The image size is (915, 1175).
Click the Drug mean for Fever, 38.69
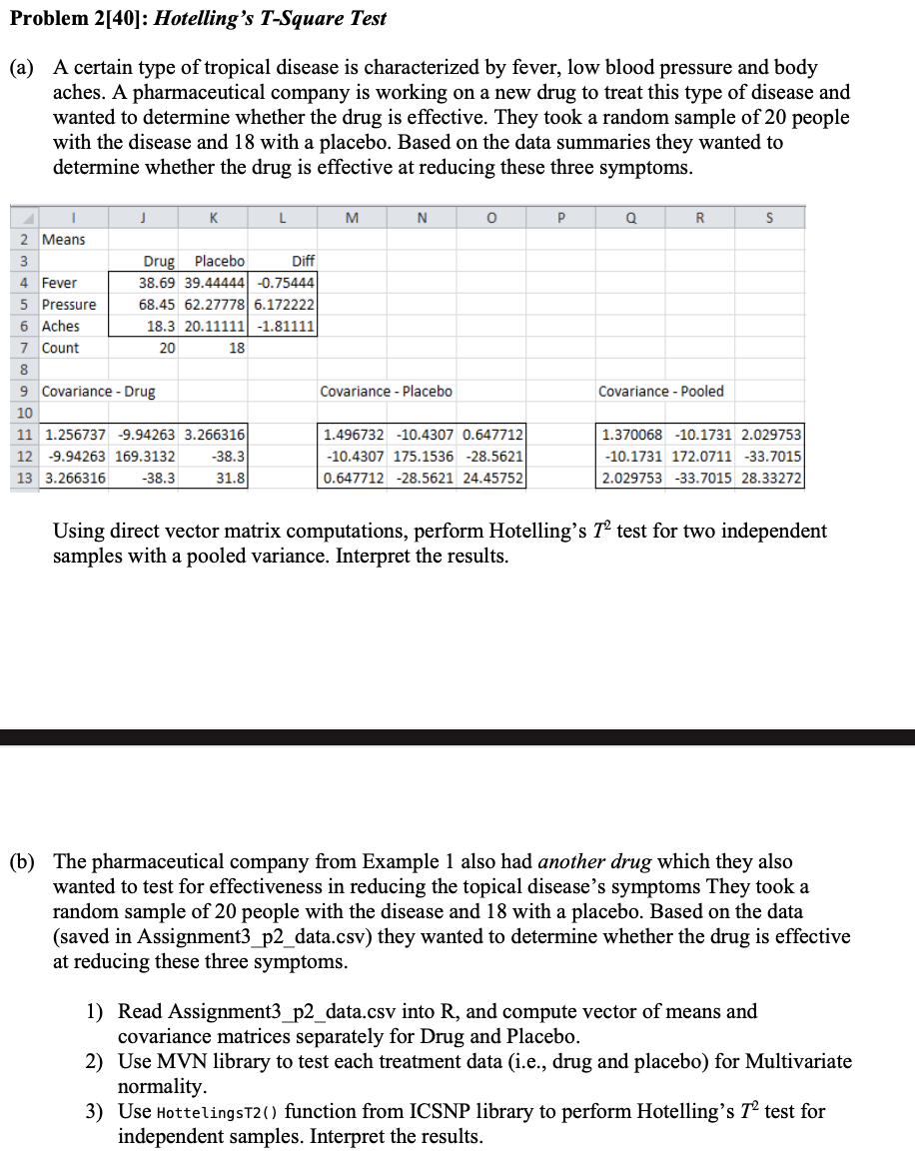click(x=157, y=283)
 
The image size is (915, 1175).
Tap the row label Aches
click(x=61, y=327)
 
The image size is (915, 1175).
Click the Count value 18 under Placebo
click(x=237, y=349)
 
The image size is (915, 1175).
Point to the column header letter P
click(x=560, y=217)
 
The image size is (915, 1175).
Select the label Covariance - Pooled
click(x=661, y=392)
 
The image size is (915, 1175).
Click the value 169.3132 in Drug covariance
click(x=147, y=457)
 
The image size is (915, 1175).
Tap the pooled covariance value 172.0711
click(x=702, y=457)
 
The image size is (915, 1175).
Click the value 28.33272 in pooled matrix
click(x=770, y=479)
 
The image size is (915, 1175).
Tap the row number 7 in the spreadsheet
click(x=23, y=349)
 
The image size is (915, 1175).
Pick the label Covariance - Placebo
click(x=386, y=392)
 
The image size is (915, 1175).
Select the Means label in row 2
click(x=64, y=240)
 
